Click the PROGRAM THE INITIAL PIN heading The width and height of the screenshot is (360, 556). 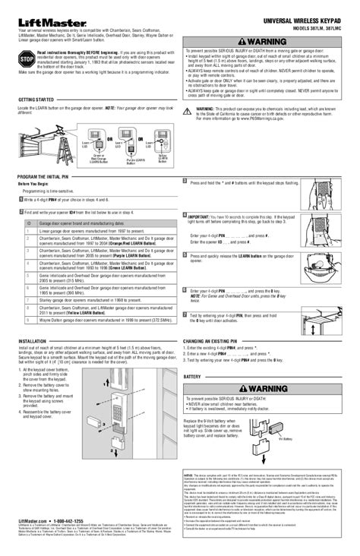47,176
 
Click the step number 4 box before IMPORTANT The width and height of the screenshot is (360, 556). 185,216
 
